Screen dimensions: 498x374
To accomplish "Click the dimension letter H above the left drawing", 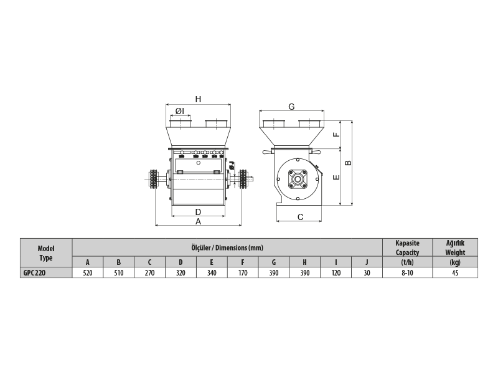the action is (x=198, y=99).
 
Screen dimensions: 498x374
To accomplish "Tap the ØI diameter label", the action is (x=180, y=111).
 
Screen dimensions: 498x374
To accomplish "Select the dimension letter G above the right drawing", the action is (x=291, y=107).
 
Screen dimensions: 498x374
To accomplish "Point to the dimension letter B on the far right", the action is (x=349, y=163).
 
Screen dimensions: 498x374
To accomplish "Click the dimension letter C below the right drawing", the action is (x=301, y=217).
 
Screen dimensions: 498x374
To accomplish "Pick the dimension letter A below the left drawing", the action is (x=198, y=221).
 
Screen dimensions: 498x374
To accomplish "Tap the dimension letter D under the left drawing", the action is (x=198, y=212).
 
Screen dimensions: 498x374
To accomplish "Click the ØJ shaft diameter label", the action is (x=232, y=165).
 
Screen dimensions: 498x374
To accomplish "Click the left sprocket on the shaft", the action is (x=154, y=180).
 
